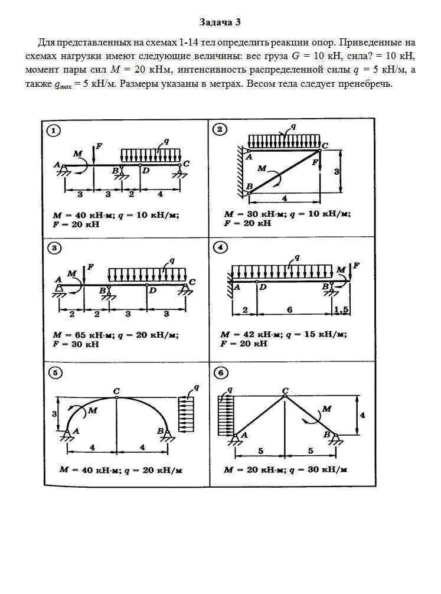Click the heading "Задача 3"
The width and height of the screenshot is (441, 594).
[x=220, y=22]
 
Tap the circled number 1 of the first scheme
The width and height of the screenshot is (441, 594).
[x=54, y=131]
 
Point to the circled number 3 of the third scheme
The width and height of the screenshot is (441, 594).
[x=54, y=248]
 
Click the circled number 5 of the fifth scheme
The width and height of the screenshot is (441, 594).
[x=54, y=373]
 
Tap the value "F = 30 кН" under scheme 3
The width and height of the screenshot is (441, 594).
[x=73, y=344]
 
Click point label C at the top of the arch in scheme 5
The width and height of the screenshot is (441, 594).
[x=116, y=391]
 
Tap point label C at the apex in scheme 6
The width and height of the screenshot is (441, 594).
[x=285, y=390]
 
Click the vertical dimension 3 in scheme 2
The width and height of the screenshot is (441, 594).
[x=337, y=171]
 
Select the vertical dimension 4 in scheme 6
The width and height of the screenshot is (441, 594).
[x=362, y=415]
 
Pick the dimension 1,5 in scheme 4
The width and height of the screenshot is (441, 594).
[x=342, y=310]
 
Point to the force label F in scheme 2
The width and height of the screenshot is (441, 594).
[x=315, y=161]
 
